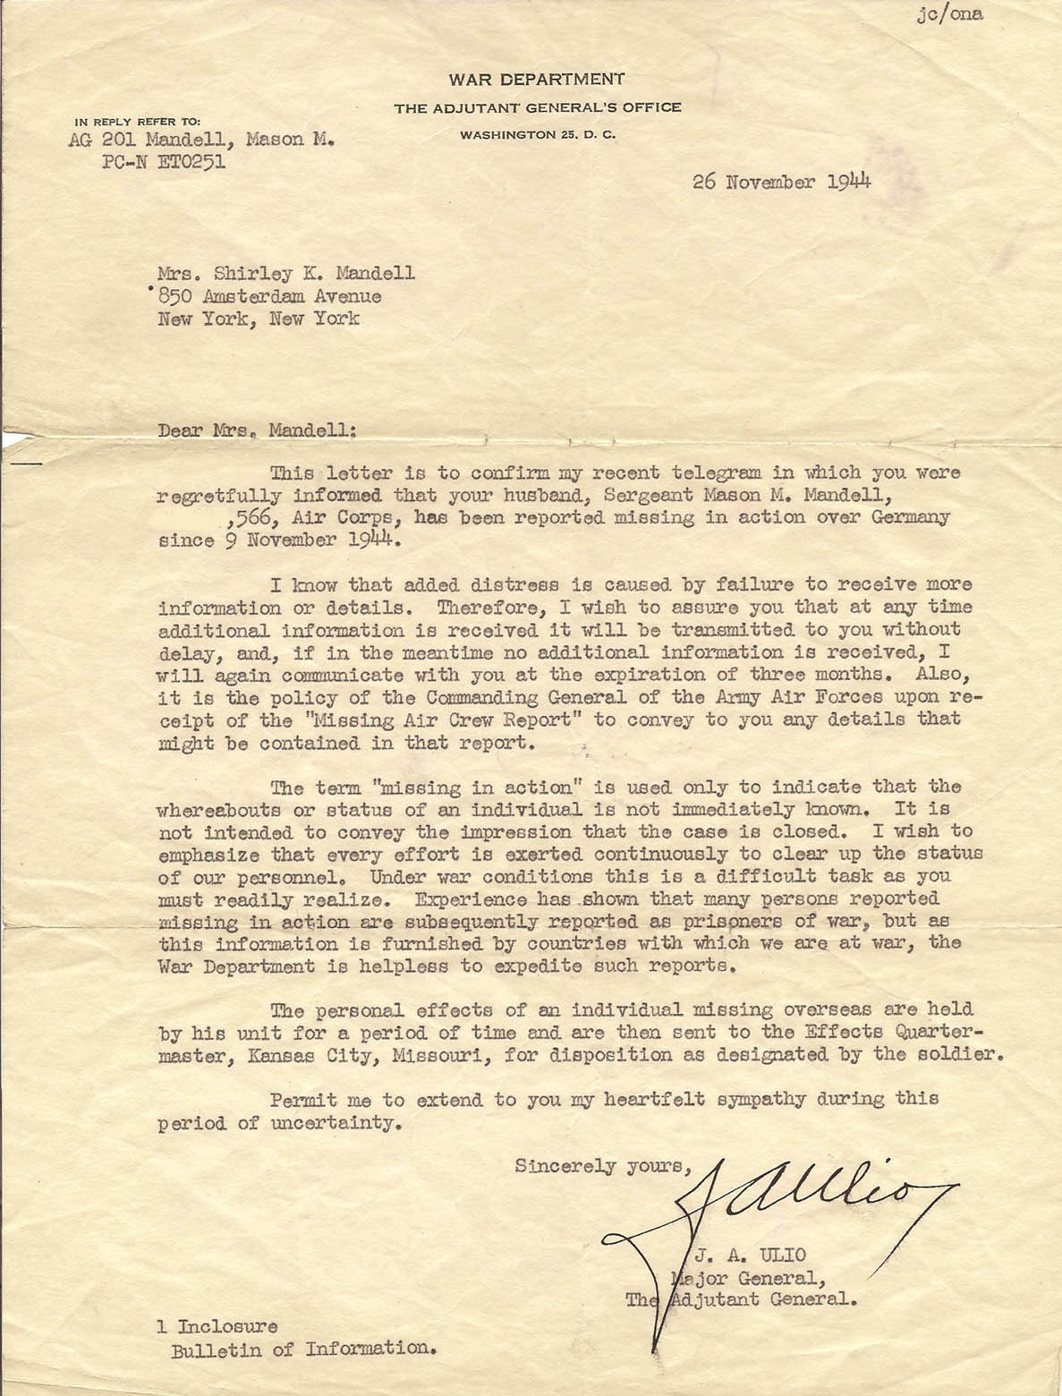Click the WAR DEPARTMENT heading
pos(537,80)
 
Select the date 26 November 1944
pos(782,182)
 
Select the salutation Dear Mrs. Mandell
pos(257,430)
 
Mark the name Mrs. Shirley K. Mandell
pos(286,274)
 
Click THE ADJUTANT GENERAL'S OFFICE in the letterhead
pos(538,108)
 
